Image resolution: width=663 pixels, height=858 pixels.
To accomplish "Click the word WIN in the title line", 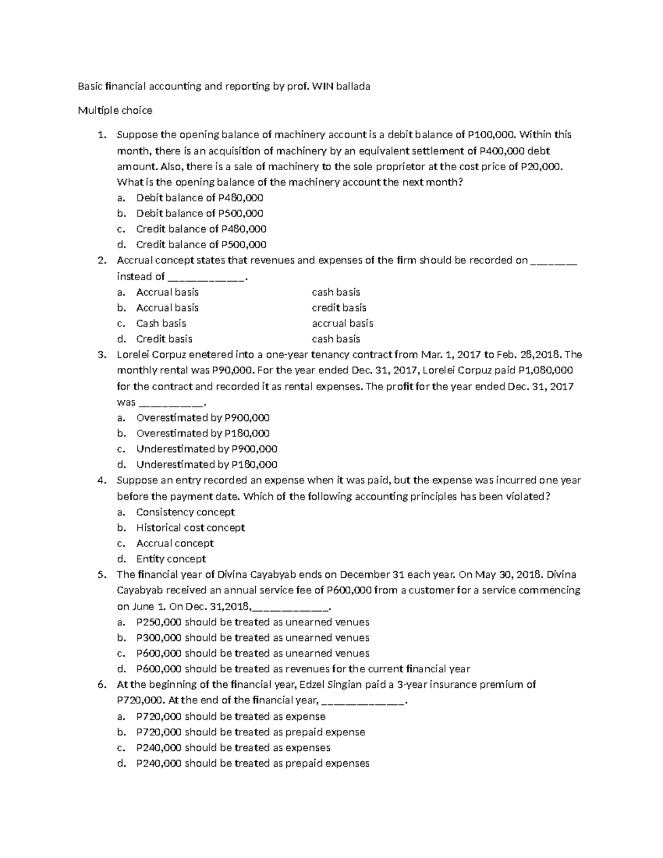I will (x=323, y=86).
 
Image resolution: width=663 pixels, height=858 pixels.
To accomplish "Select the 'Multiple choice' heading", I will (x=115, y=110).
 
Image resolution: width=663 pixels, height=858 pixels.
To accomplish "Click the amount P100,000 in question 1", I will (x=493, y=134).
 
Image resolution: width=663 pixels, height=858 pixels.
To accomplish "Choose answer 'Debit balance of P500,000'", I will (x=199, y=213).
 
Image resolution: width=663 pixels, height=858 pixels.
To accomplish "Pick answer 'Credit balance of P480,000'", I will (x=201, y=229).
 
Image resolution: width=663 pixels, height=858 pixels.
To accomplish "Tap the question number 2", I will (x=101, y=260).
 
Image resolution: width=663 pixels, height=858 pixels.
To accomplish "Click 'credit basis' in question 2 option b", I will (x=339, y=308).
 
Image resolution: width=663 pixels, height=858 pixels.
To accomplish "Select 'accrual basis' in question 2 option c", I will (x=342, y=323).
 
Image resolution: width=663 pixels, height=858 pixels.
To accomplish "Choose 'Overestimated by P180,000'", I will (x=203, y=433).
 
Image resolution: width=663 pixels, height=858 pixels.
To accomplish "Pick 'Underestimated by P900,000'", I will (x=207, y=449).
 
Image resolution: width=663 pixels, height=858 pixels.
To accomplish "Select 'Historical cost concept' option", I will (x=190, y=528).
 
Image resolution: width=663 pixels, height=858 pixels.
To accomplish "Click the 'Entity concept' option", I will (x=171, y=559).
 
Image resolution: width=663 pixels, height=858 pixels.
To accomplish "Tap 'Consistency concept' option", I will (x=185, y=512).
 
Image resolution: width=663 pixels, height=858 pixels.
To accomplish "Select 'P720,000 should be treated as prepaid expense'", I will (x=250, y=732).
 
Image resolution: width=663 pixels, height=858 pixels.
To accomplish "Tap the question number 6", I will (x=101, y=685).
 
